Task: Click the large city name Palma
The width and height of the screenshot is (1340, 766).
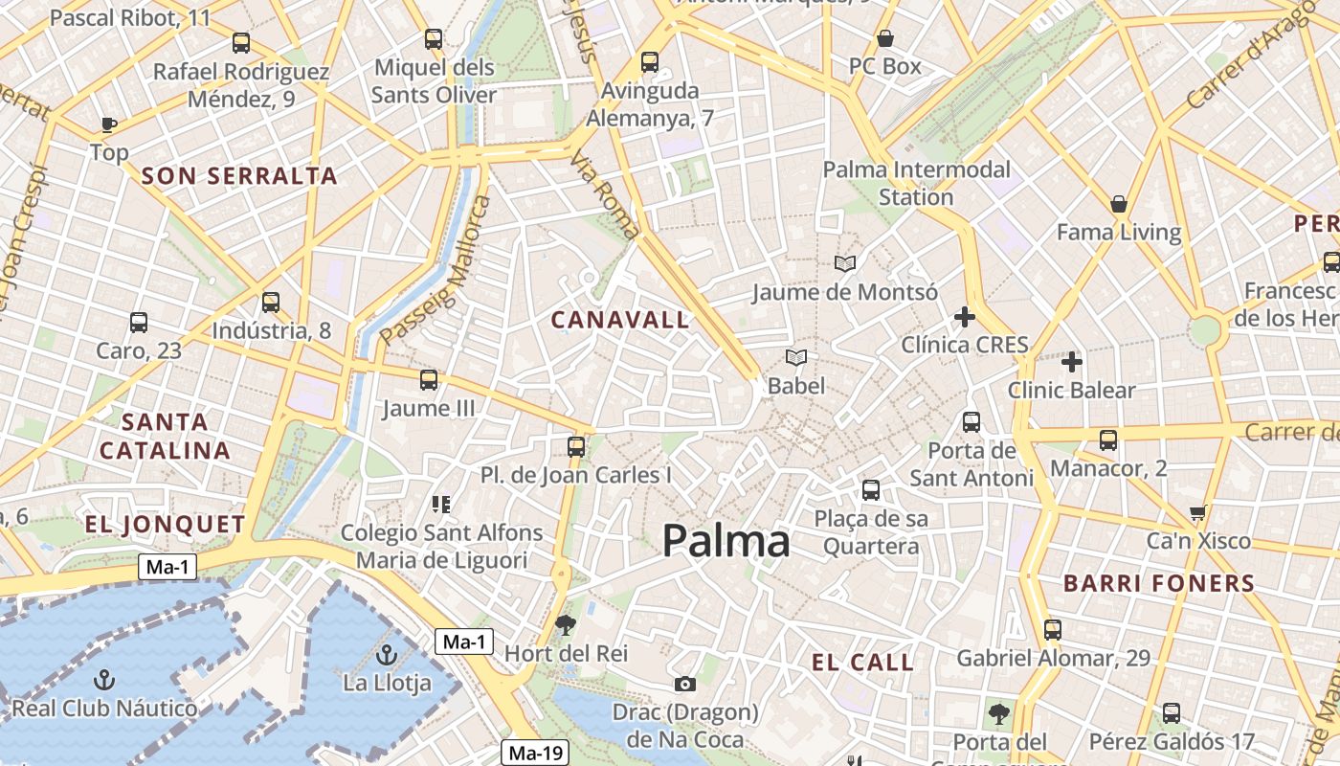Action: (726, 542)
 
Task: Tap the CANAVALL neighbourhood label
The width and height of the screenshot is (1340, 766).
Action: (620, 320)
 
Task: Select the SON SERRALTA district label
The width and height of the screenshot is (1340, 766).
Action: (239, 175)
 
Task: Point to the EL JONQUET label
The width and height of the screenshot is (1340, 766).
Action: (166, 524)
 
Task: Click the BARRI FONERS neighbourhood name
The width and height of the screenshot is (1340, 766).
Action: (1159, 582)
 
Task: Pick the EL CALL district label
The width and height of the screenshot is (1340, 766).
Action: (862, 662)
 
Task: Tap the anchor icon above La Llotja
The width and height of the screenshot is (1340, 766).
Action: (387, 656)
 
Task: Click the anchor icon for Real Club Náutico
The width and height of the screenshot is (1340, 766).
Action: (104, 680)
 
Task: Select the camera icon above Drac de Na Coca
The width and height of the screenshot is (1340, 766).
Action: (684, 684)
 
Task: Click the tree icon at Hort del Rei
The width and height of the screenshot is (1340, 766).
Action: (566, 625)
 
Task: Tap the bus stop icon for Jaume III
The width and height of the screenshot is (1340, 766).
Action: (429, 380)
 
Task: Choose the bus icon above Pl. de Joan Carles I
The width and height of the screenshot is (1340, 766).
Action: (576, 446)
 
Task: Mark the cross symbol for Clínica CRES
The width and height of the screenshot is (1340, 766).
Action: (965, 317)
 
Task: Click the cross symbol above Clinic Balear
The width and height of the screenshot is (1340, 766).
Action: (1072, 362)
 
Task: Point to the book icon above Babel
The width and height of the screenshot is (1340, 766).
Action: (795, 358)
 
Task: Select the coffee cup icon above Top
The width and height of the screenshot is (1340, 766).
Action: (108, 124)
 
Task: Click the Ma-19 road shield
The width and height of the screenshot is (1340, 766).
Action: (536, 753)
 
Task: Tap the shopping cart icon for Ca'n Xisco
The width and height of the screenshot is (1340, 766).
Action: (1197, 514)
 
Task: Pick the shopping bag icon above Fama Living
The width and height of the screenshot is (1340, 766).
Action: (1119, 204)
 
